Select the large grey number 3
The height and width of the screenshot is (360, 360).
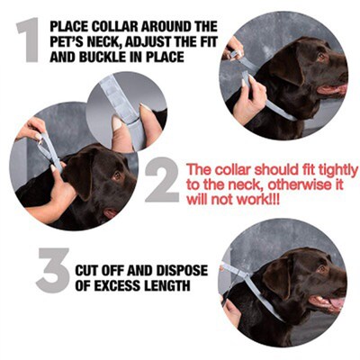pos(53,272)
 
